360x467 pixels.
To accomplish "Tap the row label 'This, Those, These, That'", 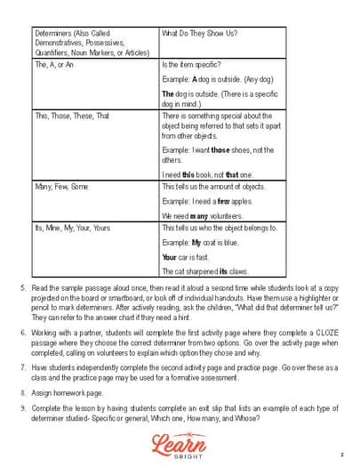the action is point(72,116).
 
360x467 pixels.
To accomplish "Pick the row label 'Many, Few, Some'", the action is point(61,186).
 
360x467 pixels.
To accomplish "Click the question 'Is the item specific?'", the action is point(191,65).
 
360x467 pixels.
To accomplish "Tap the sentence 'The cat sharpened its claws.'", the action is point(204,270).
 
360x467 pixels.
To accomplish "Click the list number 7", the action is point(23,366).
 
